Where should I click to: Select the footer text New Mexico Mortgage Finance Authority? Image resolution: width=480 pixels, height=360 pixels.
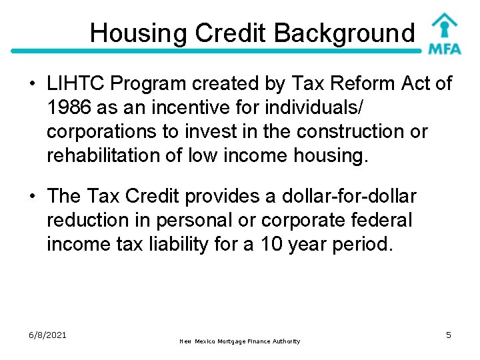(240, 341)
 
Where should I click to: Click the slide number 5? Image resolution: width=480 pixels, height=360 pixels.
(449, 335)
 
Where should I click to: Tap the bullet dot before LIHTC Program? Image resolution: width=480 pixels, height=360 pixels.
(33, 85)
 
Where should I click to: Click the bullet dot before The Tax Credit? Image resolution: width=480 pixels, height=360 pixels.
(33, 197)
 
